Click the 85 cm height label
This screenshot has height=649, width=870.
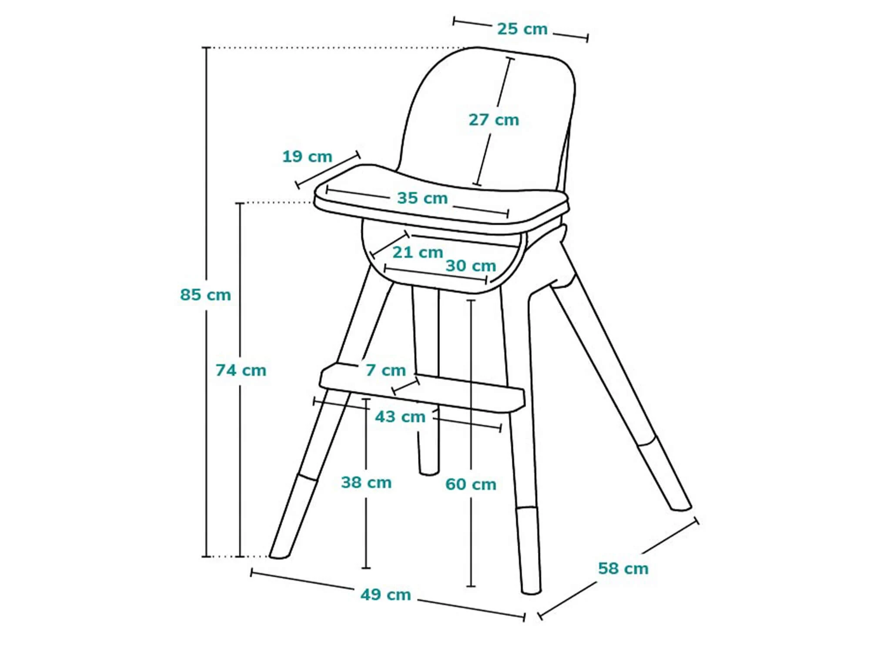(x=205, y=295)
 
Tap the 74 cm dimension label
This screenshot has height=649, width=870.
(x=241, y=370)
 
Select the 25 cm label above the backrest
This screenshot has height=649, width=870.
(x=522, y=29)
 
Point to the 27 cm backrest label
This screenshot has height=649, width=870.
(x=494, y=120)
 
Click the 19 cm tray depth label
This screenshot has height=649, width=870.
(x=307, y=156)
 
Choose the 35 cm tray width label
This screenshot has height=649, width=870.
(x=422, y=198)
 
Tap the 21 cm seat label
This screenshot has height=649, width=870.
(x=418, y=252)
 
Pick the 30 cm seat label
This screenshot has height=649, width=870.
(x=471, y=266)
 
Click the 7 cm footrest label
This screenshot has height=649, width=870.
(x=386, y=370)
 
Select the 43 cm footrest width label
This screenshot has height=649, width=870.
(x=400, y=417)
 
